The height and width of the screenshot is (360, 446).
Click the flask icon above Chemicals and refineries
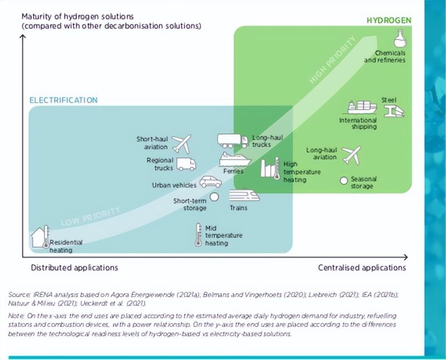click(400, 38)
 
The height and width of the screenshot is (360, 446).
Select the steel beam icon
click(395, 110)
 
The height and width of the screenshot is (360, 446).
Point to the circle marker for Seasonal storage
click(344, 181)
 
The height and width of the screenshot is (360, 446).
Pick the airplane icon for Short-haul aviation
click(181, 143)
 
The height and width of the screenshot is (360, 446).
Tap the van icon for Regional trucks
click(186, 164)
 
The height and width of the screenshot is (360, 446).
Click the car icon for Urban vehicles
click(211, 182)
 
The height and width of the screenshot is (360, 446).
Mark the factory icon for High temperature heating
click(270, 168)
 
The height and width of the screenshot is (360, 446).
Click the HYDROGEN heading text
click(389, 21)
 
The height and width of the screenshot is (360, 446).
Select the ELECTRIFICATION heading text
click(63, 100)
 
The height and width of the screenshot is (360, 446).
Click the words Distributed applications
click(74, 267)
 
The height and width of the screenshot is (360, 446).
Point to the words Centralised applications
click(362, 267)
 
